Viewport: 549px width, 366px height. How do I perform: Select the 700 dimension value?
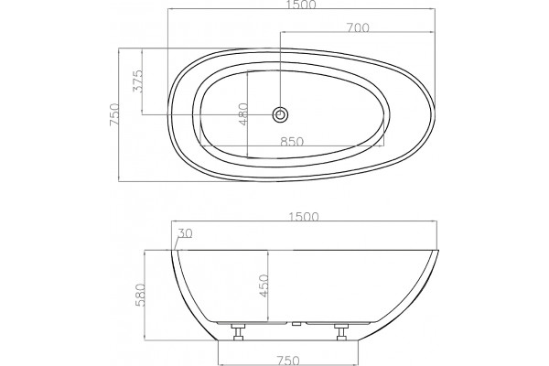point(358,27)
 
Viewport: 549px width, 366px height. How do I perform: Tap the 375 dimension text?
point(138,81)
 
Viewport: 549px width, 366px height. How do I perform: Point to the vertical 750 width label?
point(114,114)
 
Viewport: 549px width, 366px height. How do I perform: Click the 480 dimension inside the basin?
point(242,113)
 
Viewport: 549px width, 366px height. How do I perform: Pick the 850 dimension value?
point(292,142)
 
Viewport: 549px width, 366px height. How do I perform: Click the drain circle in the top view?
point(280,114)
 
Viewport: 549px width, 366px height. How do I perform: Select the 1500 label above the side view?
point(304,217)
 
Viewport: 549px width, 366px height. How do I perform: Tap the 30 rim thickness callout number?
point(185,233)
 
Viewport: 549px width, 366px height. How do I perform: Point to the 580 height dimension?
point(140,295)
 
